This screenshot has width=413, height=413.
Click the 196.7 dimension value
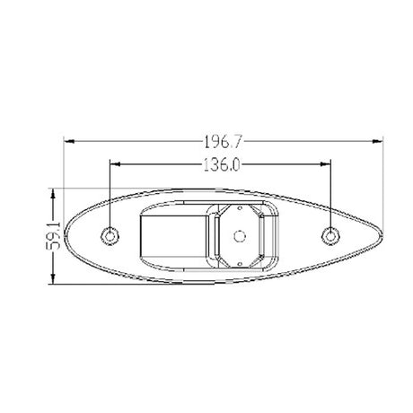(223, 142)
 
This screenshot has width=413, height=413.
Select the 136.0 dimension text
(222, 165)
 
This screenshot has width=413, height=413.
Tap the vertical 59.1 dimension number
(54, 236)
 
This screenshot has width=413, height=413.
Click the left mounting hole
(110, 236)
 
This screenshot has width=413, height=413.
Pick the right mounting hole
(330, 236)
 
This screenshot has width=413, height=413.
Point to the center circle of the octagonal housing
(240, 236)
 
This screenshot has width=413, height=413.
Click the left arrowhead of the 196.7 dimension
(69, 141)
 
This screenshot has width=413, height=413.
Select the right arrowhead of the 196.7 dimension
(377, 141)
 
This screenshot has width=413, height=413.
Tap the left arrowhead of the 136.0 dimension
(115, 164)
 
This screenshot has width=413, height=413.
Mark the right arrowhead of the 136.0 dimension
(325, 164)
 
